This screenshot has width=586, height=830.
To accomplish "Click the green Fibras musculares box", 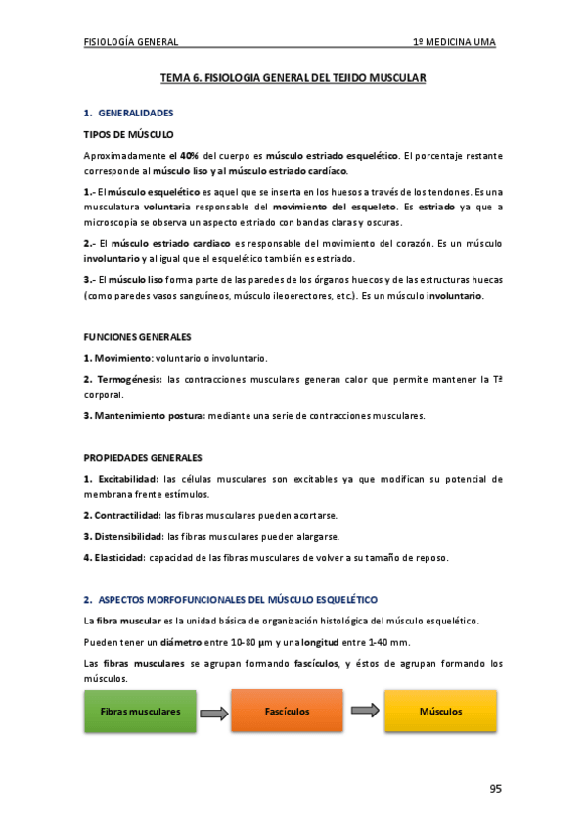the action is [140, 711].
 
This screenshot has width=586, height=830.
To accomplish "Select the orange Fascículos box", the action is [287, 711].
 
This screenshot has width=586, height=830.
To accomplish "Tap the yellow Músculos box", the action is [440, 711].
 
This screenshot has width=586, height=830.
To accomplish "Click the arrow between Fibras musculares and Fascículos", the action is [213, 711].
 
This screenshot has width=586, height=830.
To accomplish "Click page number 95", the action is [495, 789].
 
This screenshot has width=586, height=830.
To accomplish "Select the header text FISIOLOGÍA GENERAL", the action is [131, 42].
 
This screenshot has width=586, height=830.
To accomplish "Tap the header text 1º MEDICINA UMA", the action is [454, 42].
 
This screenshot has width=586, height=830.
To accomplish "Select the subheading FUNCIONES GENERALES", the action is [137, 336].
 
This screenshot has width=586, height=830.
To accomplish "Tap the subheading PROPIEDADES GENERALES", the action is [142, 457].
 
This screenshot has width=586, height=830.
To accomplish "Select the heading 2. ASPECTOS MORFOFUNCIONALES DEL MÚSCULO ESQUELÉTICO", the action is [230, 598].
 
